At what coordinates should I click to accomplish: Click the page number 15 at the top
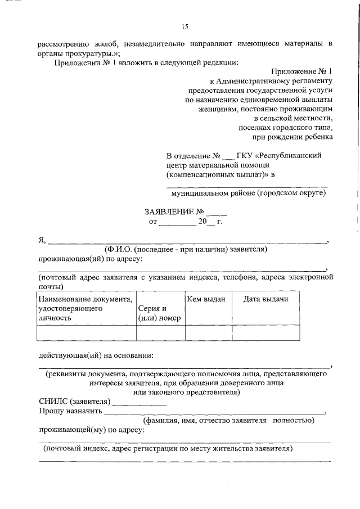coord(185,26)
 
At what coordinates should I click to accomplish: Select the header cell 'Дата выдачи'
coord(265,299)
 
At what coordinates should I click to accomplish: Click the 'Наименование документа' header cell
coord(85,308)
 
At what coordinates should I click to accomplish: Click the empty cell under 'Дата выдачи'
coord(265,333)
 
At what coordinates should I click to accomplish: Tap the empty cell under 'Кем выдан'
coord(208,333)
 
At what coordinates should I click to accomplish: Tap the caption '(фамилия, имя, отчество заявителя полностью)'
coord(228,420)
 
